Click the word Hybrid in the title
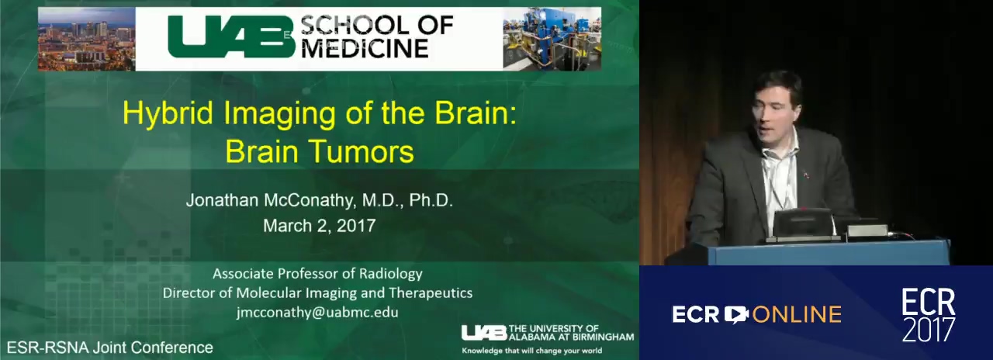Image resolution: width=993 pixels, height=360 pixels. [x=168, y=113]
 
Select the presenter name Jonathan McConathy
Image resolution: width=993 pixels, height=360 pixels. [x=271, y=200]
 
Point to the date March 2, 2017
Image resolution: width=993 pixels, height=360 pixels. [x=319, y=226]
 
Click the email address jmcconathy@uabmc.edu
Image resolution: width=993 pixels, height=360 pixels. [x=317, y=312]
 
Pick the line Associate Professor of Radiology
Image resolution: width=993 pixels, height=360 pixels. [x=317, y=274]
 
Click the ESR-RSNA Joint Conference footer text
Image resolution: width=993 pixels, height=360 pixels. [x=110, y=347]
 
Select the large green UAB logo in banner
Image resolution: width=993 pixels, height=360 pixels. [x=231, y=37]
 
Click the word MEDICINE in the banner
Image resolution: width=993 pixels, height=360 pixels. [x=365, y=49]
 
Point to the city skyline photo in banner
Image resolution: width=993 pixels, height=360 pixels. [x=86, y=39]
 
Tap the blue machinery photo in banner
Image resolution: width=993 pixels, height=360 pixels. [x=552, y=39]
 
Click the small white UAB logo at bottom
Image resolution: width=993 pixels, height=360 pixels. [x=484, y=333]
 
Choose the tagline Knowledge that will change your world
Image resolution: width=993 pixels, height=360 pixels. [x=532, y=351]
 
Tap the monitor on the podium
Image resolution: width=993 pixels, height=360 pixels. [x=802, y=224]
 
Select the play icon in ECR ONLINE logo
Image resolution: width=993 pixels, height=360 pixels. [x=736, y=314]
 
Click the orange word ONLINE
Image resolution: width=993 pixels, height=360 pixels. [x=797, y=315]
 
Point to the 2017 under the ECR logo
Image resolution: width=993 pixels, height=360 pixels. [x=929, y=330]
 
